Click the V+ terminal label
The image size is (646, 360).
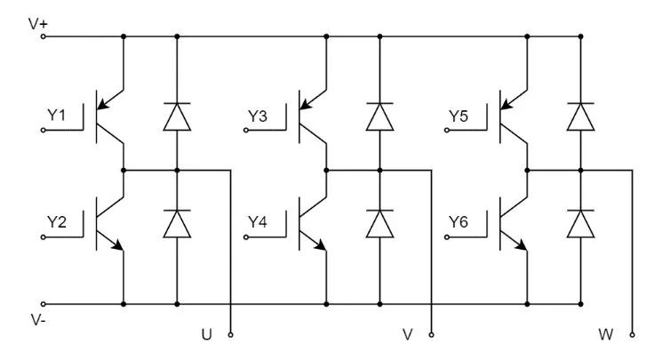coord(37,24)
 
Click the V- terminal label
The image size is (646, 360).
coord(37,318)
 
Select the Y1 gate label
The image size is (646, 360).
coord(57,116)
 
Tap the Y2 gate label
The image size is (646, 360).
coord(57,222)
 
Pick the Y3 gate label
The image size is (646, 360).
coord(258,116)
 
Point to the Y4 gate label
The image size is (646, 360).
coord(258,222)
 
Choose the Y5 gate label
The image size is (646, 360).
coord(459,116)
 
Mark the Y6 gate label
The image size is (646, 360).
coord(459,222)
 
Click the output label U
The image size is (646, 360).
coord(207,335)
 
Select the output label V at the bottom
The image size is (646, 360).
coord(408,335)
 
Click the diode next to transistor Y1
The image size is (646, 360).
coord(177,117)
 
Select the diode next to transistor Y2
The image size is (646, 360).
coord(177,224)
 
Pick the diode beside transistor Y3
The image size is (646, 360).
coord(380,117)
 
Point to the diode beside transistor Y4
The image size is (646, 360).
coord(380,224)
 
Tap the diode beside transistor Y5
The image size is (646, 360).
coord(581,117)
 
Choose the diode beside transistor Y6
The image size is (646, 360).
coord(581,224)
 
